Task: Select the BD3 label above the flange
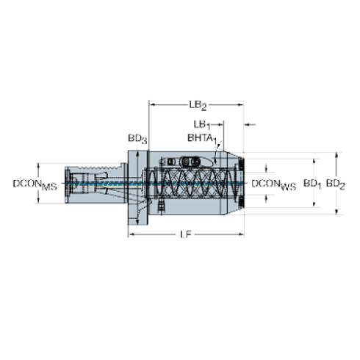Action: (x=137, y=138)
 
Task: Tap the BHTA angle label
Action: (x=201, y=136)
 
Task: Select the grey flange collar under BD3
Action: (x=138, y=187)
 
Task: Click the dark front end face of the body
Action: (x=241, y=184)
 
